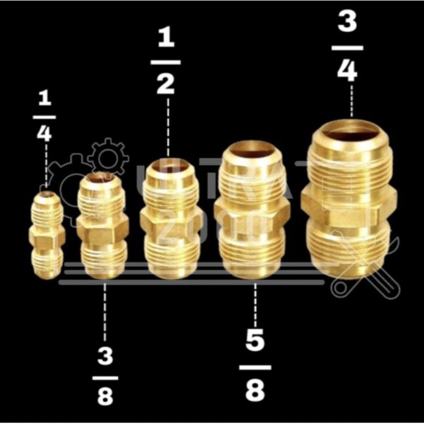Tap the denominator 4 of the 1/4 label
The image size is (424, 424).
(45, 132)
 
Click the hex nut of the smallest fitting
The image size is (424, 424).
(47, 237)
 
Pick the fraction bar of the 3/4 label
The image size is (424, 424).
(347, 47)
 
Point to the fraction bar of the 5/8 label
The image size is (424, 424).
(255, 367)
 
